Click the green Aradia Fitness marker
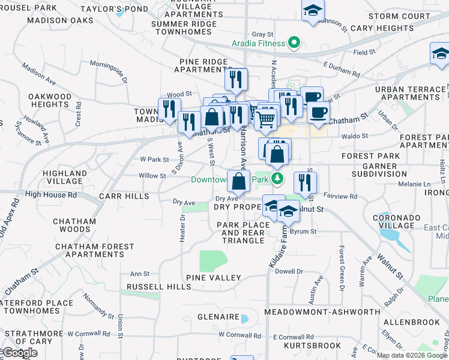294,43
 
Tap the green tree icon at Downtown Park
277,178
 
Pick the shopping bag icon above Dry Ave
238,181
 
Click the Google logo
20,353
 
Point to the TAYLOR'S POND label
122,10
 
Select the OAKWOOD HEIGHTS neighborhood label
50,100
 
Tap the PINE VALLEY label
213,278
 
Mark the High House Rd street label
51,195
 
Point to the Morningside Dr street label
109,70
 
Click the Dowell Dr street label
289,271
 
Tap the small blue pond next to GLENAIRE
244,318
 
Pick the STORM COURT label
399,16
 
